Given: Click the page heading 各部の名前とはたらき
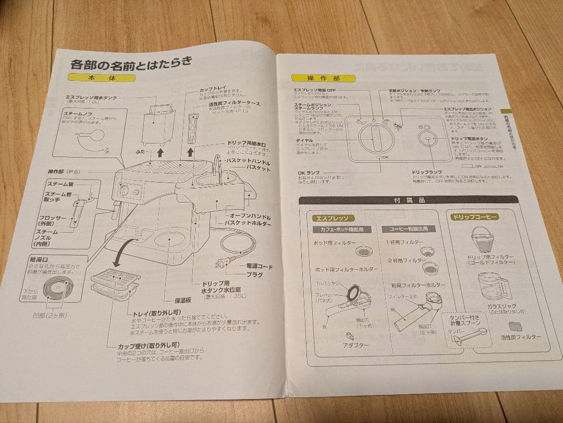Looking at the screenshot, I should pos(131,65).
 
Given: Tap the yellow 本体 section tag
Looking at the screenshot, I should pos(102,78).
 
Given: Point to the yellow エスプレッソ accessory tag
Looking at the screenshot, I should pos(333,217).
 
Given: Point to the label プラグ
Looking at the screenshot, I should pos(254,274).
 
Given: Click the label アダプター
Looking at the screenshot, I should pos(357,345).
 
